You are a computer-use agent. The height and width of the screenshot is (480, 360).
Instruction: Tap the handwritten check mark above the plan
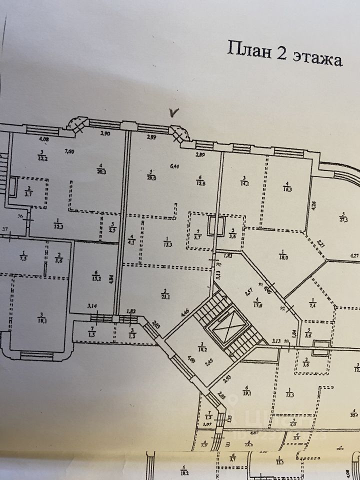[173, 112]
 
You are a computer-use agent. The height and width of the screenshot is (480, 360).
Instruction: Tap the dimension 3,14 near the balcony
[91, 305]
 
